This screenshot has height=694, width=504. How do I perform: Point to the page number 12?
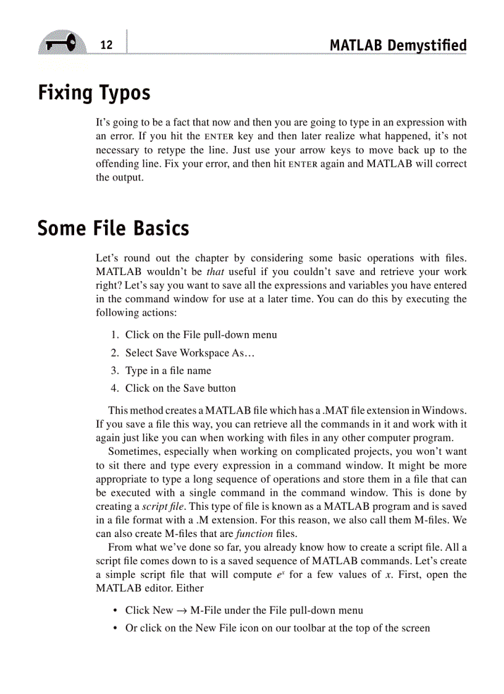click(106, 45)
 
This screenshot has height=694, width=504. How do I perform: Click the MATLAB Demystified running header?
click(398, 45)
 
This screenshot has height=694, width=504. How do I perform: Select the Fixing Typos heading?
click(94, 93)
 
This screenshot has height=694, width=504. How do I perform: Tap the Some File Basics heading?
click(113, 228)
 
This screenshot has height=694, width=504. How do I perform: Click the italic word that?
click(214, 272)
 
